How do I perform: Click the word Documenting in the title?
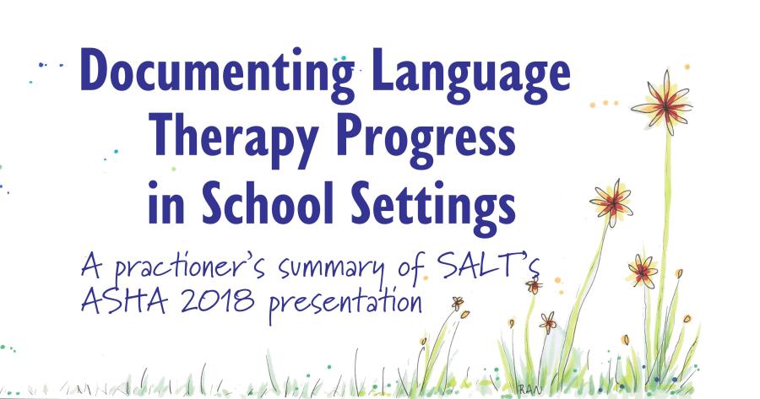click(217, 74)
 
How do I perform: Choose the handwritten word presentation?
click(345, 304)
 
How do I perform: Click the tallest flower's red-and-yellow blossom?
click(663, 104)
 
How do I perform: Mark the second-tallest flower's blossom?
click(611, 202)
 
